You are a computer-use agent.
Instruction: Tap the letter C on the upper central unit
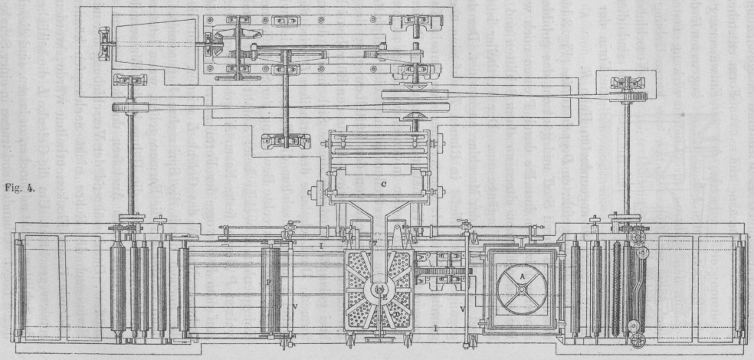(381, 184)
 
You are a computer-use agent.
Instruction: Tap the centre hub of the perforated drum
(381, 290)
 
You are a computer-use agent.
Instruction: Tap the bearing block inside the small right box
(630, 83)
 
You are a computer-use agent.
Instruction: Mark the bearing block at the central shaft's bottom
(286, 141)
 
